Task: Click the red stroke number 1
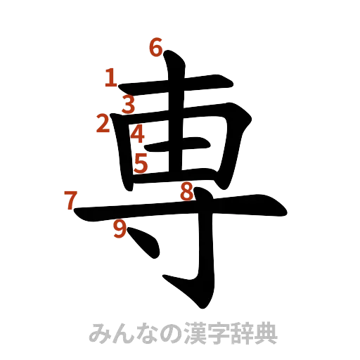point(110,78)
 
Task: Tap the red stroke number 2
point(103,124)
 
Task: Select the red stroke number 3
point(128,105)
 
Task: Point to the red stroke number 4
point(138,132)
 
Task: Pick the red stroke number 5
point(141,164)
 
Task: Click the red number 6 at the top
point(156,48)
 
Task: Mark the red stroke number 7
point(70,201)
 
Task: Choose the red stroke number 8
point(186,191)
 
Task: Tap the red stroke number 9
point(120,229)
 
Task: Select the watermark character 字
point(214,333)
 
